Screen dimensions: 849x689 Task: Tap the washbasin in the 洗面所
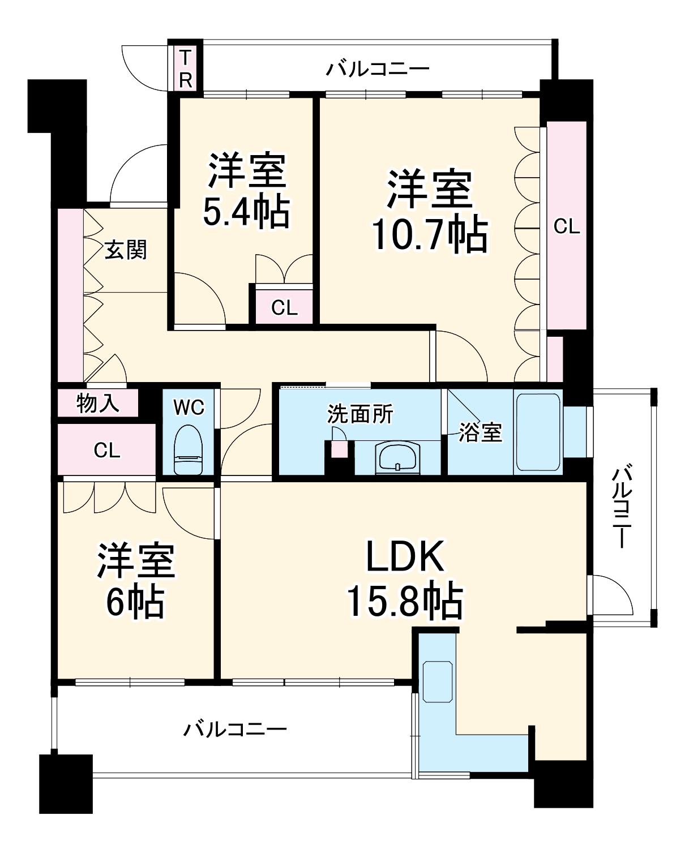[399, 457]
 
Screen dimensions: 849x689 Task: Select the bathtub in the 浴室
[537, 432]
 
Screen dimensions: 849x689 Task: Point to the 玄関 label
[126, 250]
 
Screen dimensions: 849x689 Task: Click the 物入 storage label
[97, 403]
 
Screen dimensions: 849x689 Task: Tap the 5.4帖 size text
[246, 211]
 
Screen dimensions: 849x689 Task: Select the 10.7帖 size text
[429, 234]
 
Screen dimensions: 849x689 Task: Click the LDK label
[404, 558]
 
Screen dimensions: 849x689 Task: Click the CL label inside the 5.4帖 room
[284, 308]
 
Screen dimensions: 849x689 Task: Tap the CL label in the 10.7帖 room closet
[567, 227]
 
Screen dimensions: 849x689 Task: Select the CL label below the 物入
[107, 451]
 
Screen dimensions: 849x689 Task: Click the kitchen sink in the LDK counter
[438, 681]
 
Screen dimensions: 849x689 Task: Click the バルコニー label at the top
[378, 70]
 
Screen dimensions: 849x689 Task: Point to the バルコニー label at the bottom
[234, 728]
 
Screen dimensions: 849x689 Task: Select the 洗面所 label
[360, 415]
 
